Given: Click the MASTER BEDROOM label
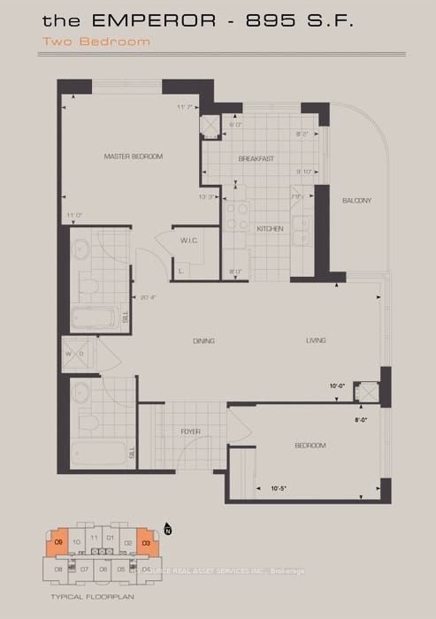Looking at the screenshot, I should point(134,157).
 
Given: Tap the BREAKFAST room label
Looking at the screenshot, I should point(256,159).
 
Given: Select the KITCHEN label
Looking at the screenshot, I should point(269,229).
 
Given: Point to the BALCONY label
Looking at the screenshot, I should point(357,201).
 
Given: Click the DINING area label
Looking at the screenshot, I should point(203,340).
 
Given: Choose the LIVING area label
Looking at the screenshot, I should point(315,340).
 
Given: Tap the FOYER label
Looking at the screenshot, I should point(190,432).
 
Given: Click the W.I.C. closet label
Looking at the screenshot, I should point(188,240).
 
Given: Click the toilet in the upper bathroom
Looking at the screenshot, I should point(88,282).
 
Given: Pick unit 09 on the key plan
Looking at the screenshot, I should point(58,540).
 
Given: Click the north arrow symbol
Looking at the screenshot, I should point(167,530).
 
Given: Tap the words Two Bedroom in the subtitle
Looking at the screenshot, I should point(110,41).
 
